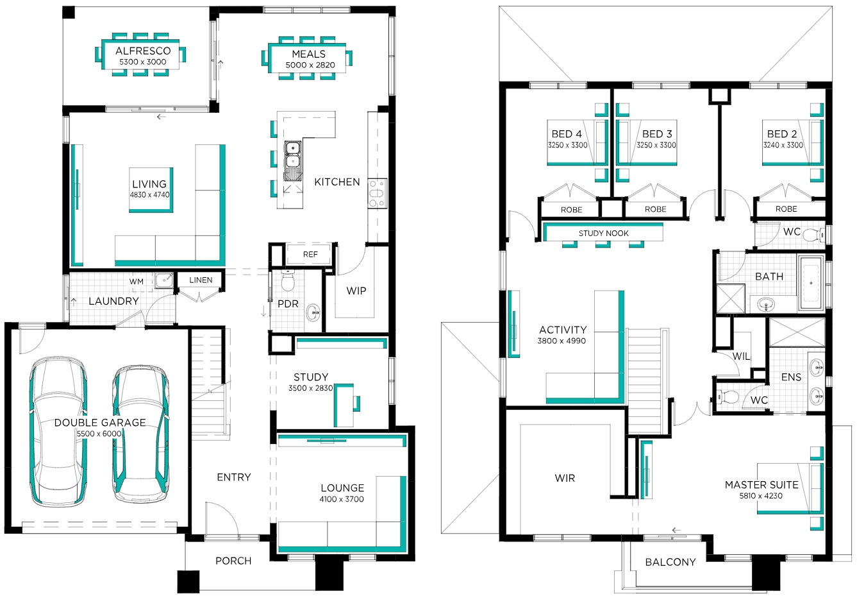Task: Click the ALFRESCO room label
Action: tap(143, 51)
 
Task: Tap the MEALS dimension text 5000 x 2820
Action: tap(310, 65)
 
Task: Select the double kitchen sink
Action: tap(292, 160)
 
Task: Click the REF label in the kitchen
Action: tap(310, 254)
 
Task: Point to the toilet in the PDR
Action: tap(287, 280)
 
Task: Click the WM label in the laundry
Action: tap(136, 282)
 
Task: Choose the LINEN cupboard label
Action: tap(201, 280)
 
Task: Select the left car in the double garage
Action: tap(58, 432)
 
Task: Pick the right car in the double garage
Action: tap(140, 434)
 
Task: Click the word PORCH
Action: tap(233, 561)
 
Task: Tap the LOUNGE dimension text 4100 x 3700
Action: tap(341, 499)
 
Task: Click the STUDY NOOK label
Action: tap(603, 234)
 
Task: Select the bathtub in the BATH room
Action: tap(811, 283)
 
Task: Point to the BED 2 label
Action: tap(781, 134)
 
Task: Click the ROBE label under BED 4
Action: tap(571, 210)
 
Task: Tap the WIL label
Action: tap(741, 356)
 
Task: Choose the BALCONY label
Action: tap(670, 562)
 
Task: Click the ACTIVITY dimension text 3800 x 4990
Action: tap(562, 341)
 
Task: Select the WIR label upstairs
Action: tap(565, 478)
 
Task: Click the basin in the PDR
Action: tap(313, 312)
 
